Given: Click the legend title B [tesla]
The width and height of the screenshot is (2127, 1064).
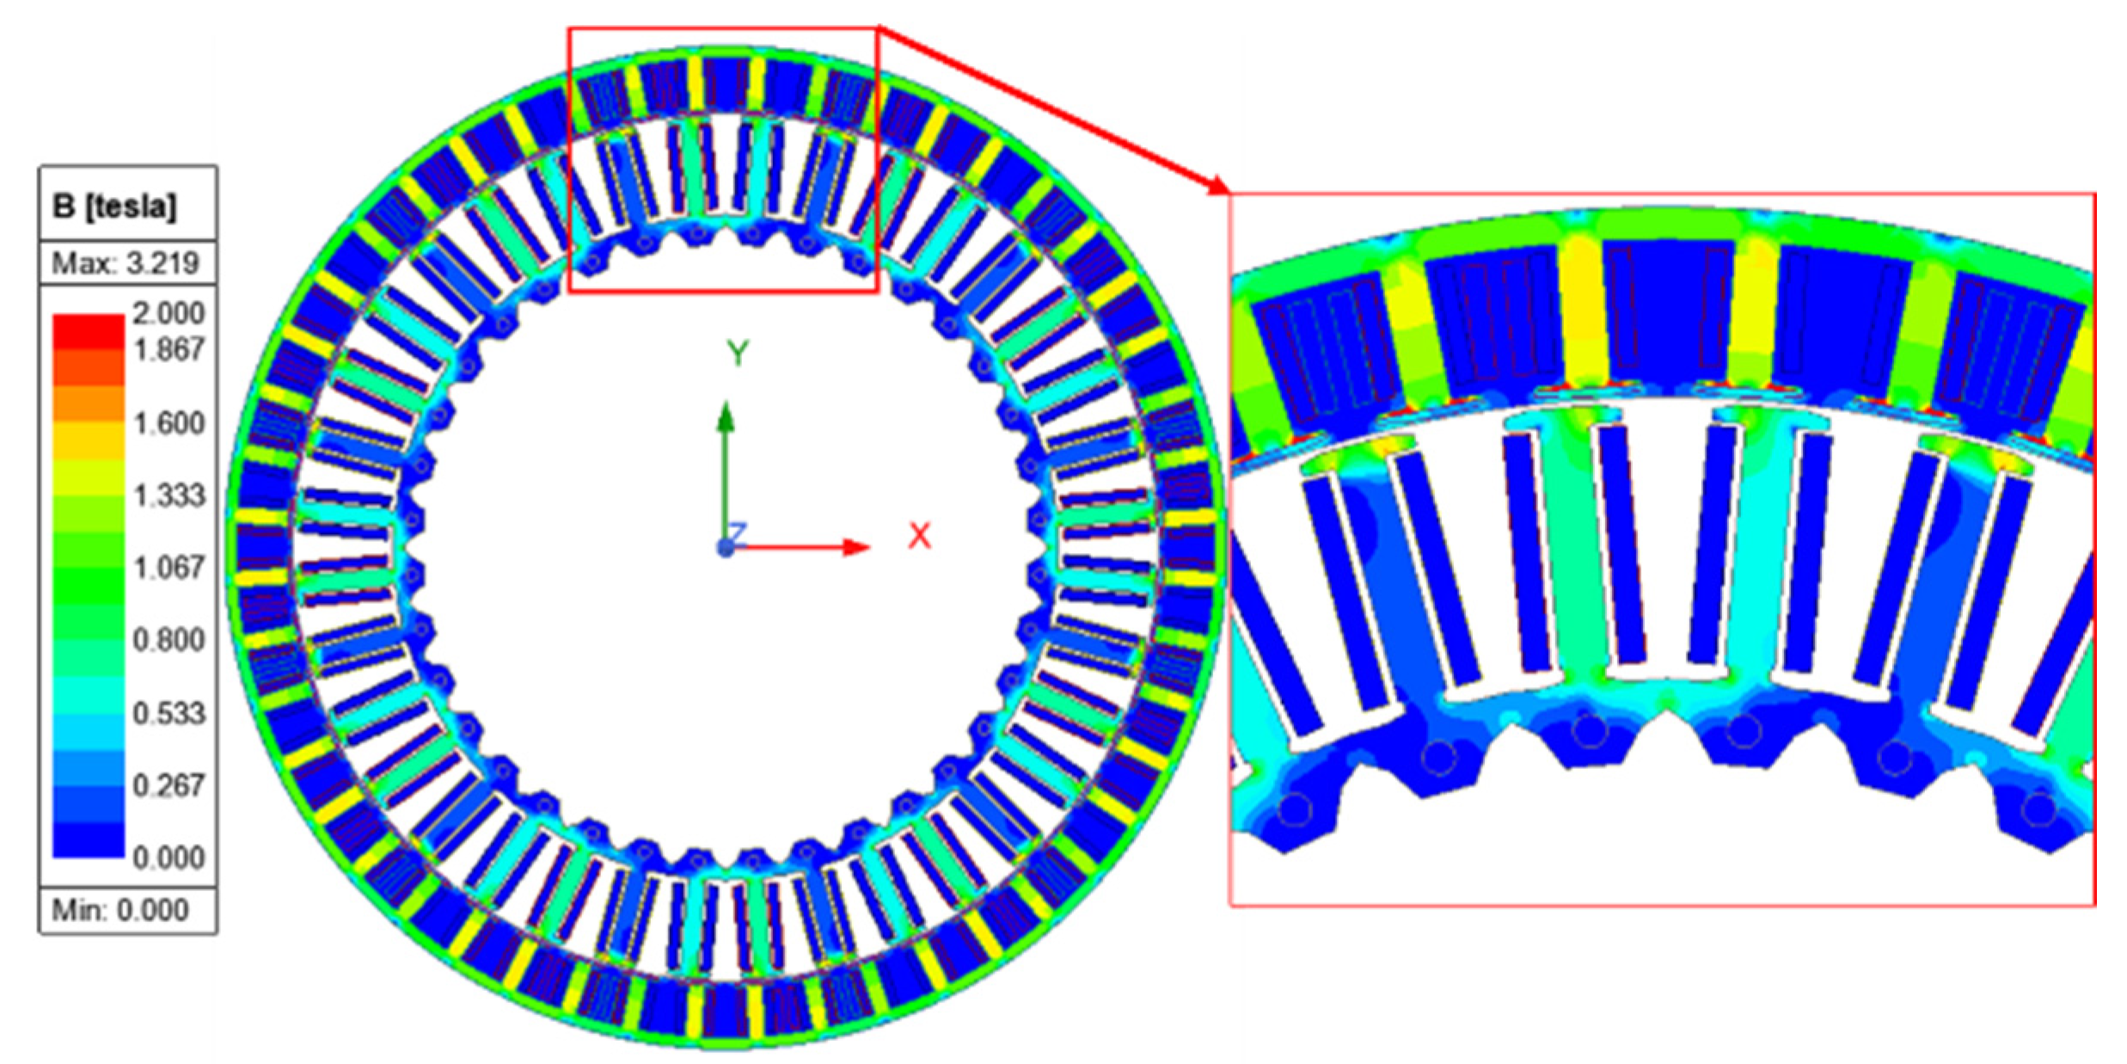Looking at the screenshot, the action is [114, 207].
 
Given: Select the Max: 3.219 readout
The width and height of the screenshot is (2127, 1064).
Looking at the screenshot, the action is [126, 263].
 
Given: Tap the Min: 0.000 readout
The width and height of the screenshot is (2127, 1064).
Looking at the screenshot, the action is [120, 910].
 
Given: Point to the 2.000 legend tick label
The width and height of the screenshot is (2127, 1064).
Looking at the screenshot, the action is [169, 312].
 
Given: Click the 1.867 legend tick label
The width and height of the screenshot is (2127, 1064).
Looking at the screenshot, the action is [169, 349].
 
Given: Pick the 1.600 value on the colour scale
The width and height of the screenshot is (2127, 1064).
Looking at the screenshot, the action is [169, 423].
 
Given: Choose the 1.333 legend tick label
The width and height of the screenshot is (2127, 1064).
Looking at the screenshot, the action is [169, 495].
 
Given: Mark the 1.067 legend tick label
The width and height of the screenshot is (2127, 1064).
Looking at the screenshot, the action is [169, 568].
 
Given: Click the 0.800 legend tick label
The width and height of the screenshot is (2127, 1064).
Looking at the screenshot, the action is [169, 640].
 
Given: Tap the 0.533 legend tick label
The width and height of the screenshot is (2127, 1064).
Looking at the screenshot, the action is [169, 713].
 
